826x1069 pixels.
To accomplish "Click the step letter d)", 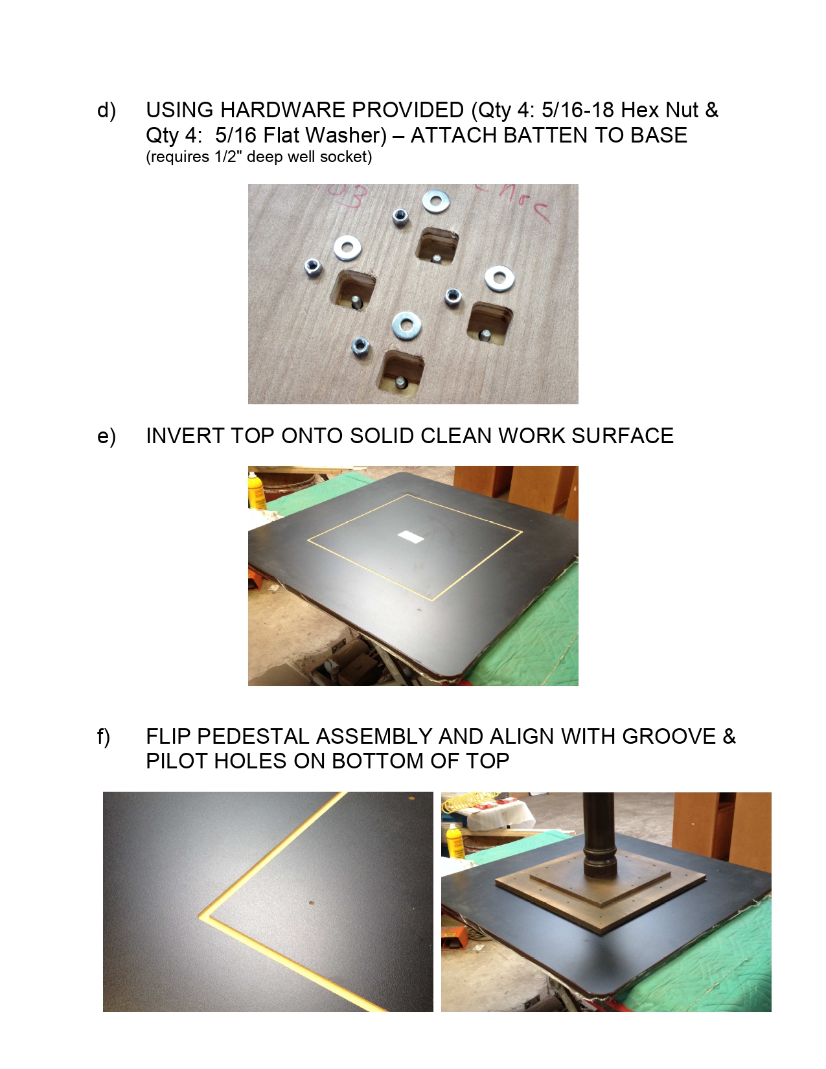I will point(106,111).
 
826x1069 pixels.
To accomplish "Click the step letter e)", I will point(106,437).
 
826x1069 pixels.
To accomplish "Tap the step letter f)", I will point(104,737).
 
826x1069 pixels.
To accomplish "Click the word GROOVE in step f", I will point(668,737).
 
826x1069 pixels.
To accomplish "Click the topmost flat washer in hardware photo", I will point(435,201).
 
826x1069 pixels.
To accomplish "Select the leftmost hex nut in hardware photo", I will point(313,267).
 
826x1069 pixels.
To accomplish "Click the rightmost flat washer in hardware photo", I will point(499,278).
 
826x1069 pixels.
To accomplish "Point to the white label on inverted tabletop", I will point(409,536).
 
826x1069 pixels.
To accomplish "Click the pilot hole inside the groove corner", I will point(311,902).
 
